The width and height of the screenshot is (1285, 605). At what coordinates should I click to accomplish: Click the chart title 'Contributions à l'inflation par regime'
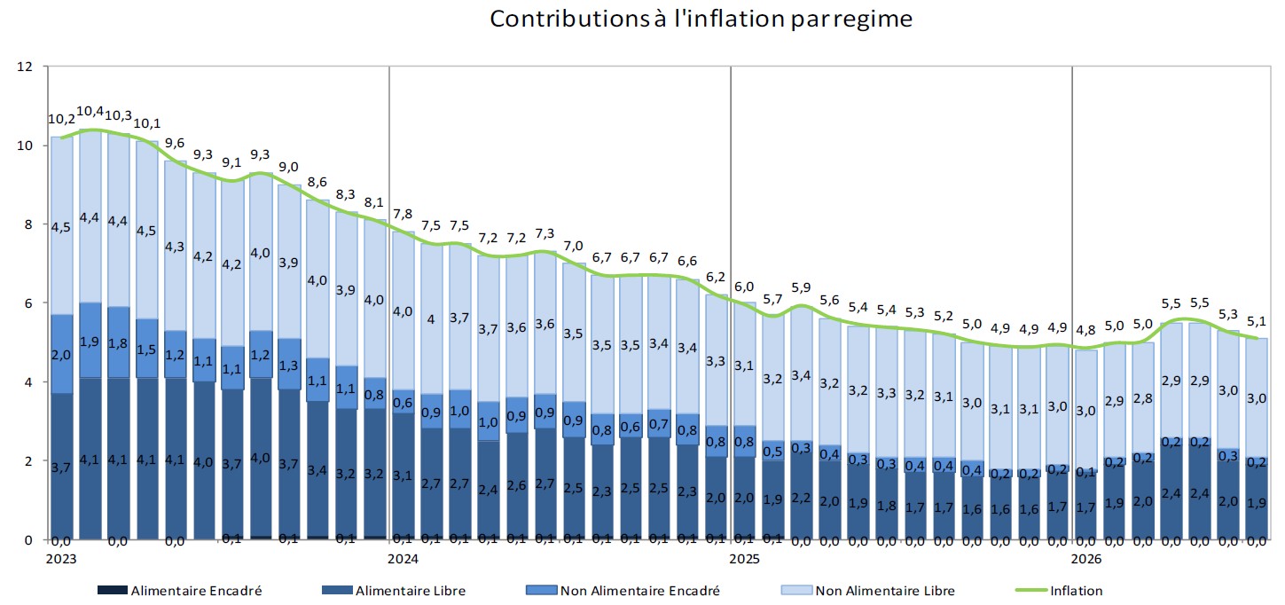point(701,19)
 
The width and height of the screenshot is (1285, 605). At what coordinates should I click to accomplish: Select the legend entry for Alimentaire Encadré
point(179,590)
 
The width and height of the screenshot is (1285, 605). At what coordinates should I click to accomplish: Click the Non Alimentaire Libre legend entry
point(867,590)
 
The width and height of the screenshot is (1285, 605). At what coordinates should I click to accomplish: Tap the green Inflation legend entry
point(1059,590)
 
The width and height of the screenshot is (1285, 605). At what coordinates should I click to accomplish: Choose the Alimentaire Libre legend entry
point(394,590)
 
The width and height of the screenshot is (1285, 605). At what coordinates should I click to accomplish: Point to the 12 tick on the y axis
point(25,67)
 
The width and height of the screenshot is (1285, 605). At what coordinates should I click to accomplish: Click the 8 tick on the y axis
point(28,224)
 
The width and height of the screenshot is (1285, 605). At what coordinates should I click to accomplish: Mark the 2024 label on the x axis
point(403,559)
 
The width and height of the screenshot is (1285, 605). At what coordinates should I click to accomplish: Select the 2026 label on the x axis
point(1086,559)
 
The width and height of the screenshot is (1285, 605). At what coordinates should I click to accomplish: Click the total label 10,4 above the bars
point(90,112)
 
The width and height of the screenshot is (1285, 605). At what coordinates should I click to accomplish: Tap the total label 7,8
point(403,214)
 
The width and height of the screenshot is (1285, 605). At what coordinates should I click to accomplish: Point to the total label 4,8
point(1085,330)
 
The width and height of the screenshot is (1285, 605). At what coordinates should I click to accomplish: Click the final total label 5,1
point(1257,321)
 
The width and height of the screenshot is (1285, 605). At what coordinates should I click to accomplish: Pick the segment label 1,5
point(146,349)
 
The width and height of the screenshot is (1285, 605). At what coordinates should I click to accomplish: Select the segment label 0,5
point(772,452)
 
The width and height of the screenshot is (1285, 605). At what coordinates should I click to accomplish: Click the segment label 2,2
point(801,497)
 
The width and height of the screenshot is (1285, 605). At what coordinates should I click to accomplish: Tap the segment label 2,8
point(1142,398)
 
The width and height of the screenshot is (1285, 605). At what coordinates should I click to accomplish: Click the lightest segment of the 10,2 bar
point(62,225)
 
